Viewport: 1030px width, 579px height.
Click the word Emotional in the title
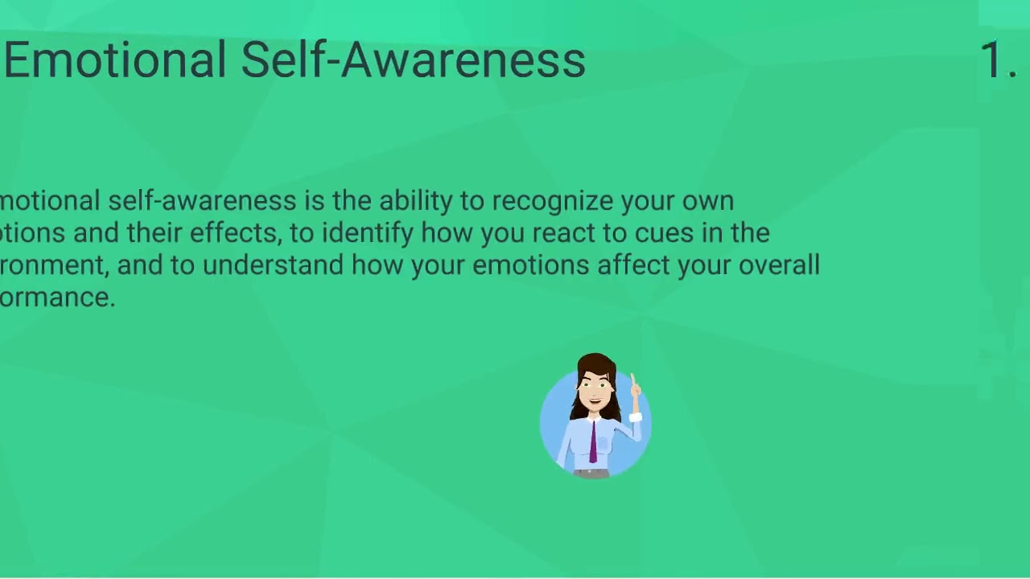(x=115, y=60)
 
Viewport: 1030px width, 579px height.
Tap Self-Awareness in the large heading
(x=413, y=60)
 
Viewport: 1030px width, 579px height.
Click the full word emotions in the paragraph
(x=530, y=265)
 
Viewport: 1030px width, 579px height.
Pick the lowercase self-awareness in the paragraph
(x=202, y=201)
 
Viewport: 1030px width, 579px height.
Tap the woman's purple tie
(x=594, y=443)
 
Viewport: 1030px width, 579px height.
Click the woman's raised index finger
(x=633, y=380)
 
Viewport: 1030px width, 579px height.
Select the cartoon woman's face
(x=595, y=385)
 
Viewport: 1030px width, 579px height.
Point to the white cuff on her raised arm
(x=636, y=417)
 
